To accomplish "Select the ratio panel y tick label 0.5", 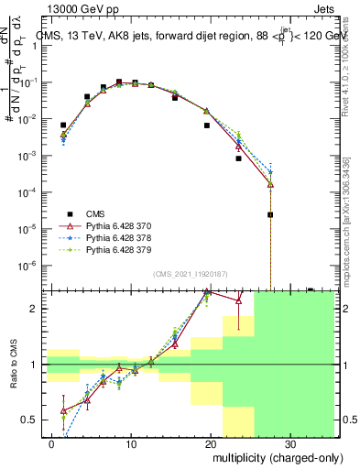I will coord(30,420).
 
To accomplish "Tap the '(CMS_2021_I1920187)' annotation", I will coord(190,273).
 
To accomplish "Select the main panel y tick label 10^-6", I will coord(28,265).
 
